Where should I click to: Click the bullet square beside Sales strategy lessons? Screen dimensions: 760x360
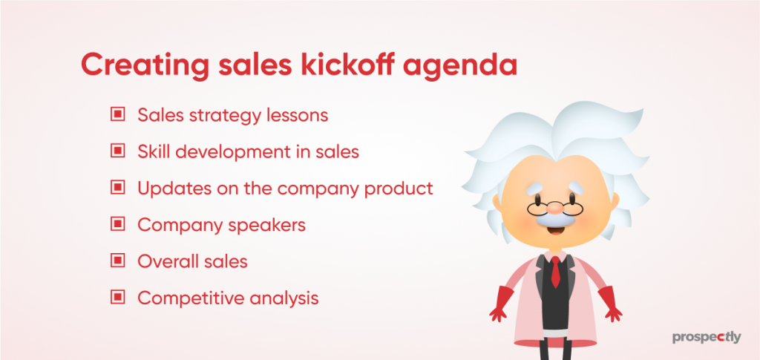(118, 115)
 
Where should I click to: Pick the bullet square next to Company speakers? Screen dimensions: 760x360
(118, 224)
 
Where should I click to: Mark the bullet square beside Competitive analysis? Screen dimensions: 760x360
(118, 297)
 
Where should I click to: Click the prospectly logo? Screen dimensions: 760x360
(707, 338)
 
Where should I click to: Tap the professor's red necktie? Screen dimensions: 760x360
(555, 272)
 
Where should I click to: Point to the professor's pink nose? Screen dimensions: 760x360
(555, 209)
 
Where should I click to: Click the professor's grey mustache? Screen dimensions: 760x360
(555, 219)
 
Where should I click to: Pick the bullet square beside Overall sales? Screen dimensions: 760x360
(118, 261)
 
